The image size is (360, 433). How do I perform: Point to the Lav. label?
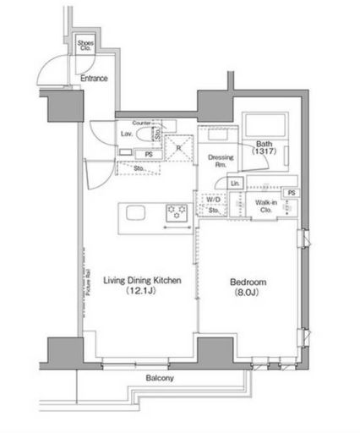pos(125,134)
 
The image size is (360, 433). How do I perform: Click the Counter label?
pos(141,123)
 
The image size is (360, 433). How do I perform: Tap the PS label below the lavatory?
pos(149,154)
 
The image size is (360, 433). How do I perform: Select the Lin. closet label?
pos(235,184)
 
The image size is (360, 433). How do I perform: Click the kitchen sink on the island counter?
pos(137,213)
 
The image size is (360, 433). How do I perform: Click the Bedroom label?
pos(249,282)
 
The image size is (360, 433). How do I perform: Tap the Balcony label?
pos(158,378)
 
